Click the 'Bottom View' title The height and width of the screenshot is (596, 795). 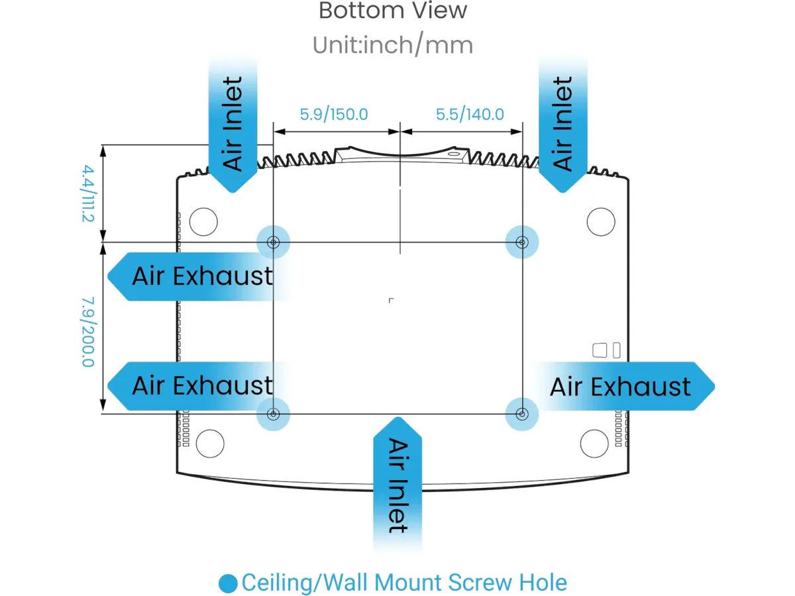coord(393,11)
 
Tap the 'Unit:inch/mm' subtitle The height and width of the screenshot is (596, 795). coord(393,45)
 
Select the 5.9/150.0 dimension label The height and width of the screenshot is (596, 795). coord(334,114)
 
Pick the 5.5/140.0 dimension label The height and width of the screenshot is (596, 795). coord(470,114)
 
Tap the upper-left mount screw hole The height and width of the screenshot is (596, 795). coord(273,243)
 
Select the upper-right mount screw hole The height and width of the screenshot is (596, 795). coord(522,243)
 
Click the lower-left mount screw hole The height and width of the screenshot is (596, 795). coord(273,415)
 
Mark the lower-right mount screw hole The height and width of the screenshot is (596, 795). coord(522,415)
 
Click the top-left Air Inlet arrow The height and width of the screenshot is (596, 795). coord(233,126)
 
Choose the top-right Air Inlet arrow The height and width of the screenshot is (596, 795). coord(562,126)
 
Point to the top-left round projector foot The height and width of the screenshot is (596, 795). coord(203,221)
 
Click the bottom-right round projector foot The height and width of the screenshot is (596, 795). coord(594,442)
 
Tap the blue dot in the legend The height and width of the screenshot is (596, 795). coord(228,583)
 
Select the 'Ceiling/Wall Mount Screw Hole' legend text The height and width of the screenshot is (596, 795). coord(404,583)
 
